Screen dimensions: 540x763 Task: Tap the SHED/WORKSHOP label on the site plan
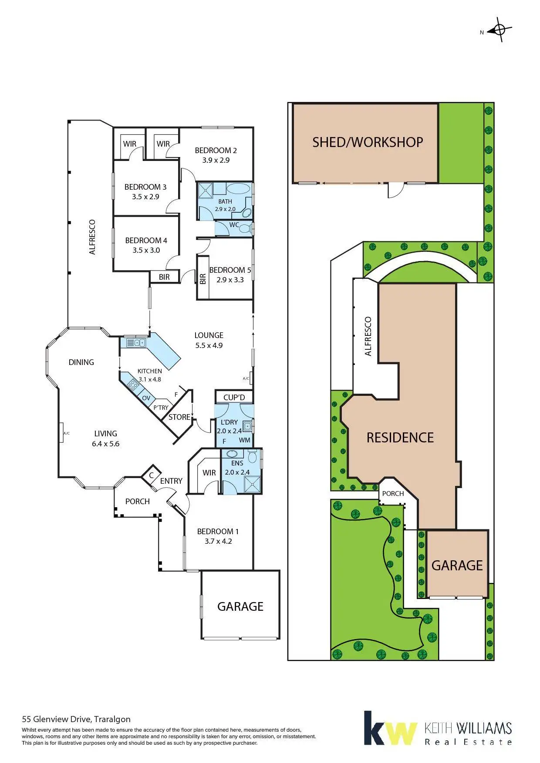coord(368,142)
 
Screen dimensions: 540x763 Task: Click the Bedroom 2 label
coord(216,151)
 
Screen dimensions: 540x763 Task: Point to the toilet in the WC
coord(246,228)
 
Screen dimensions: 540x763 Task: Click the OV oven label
coord(146,398)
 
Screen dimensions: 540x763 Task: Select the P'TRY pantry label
coord(161,408)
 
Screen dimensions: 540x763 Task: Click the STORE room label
coord(179,417)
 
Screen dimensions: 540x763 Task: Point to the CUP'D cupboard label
coord(234,398)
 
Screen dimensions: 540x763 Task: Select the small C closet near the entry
coord(151,475)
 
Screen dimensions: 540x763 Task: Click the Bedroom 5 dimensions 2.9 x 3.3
coord(230,280)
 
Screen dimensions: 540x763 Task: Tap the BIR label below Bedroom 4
coord(164,277)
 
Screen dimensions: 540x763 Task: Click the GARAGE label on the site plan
coord(457,565)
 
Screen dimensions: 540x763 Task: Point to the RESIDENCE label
coord(400,437)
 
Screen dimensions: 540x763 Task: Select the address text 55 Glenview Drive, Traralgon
coord(76,719)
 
